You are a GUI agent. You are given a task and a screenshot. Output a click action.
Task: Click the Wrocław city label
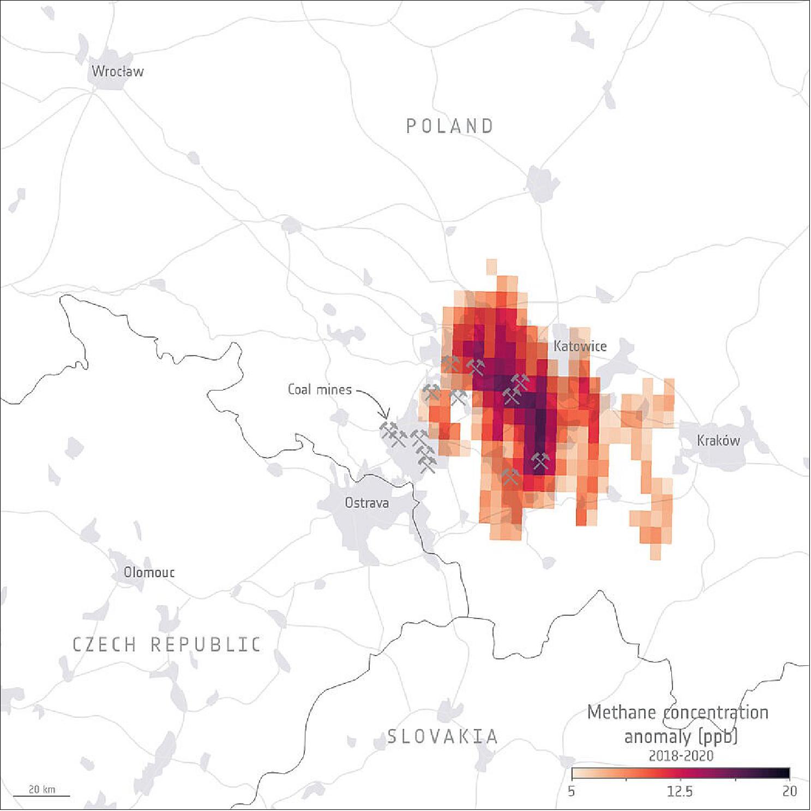pyautogui.click(x=117, y=71)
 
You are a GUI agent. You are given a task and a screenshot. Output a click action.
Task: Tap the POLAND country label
pyautogui.click(x=450, y=127)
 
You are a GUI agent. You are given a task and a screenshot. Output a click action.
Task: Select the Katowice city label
pyautogui.click(x=580, y=346)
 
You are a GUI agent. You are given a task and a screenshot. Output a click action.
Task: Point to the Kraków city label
pyautogui.click(x=718, y=441)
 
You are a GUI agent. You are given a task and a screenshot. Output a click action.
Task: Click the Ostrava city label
pyautogui.click(x=367, y=503)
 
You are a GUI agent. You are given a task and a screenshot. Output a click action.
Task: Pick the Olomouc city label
pyautogui.click(x=149, y=573)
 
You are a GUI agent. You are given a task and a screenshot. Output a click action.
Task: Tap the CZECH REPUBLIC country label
pyautogui.click(x=167, y=645)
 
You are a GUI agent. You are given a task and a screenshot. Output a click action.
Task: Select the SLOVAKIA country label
pyautogui.click(x=443, y=737)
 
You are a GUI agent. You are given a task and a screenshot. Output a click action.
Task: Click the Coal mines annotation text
pyautogui.click(x=320, y=389)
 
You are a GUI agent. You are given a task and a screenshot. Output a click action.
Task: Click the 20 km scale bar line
pyautogui.click(x=41, y=796)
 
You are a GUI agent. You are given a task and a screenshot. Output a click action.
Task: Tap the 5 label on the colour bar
pyautogui.click(x=571, y=791)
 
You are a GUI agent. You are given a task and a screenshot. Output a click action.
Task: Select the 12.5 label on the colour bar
pyautogui.click(x=680, y=791)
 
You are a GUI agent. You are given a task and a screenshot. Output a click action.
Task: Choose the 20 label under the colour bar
pyautogui.click(x=789, y=791)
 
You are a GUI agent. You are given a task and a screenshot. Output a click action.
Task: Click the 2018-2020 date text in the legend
pyautogui.click(x=681, y=756)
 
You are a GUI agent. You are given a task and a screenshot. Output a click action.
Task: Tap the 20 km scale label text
pyautogui.click(x=41, y=789)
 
